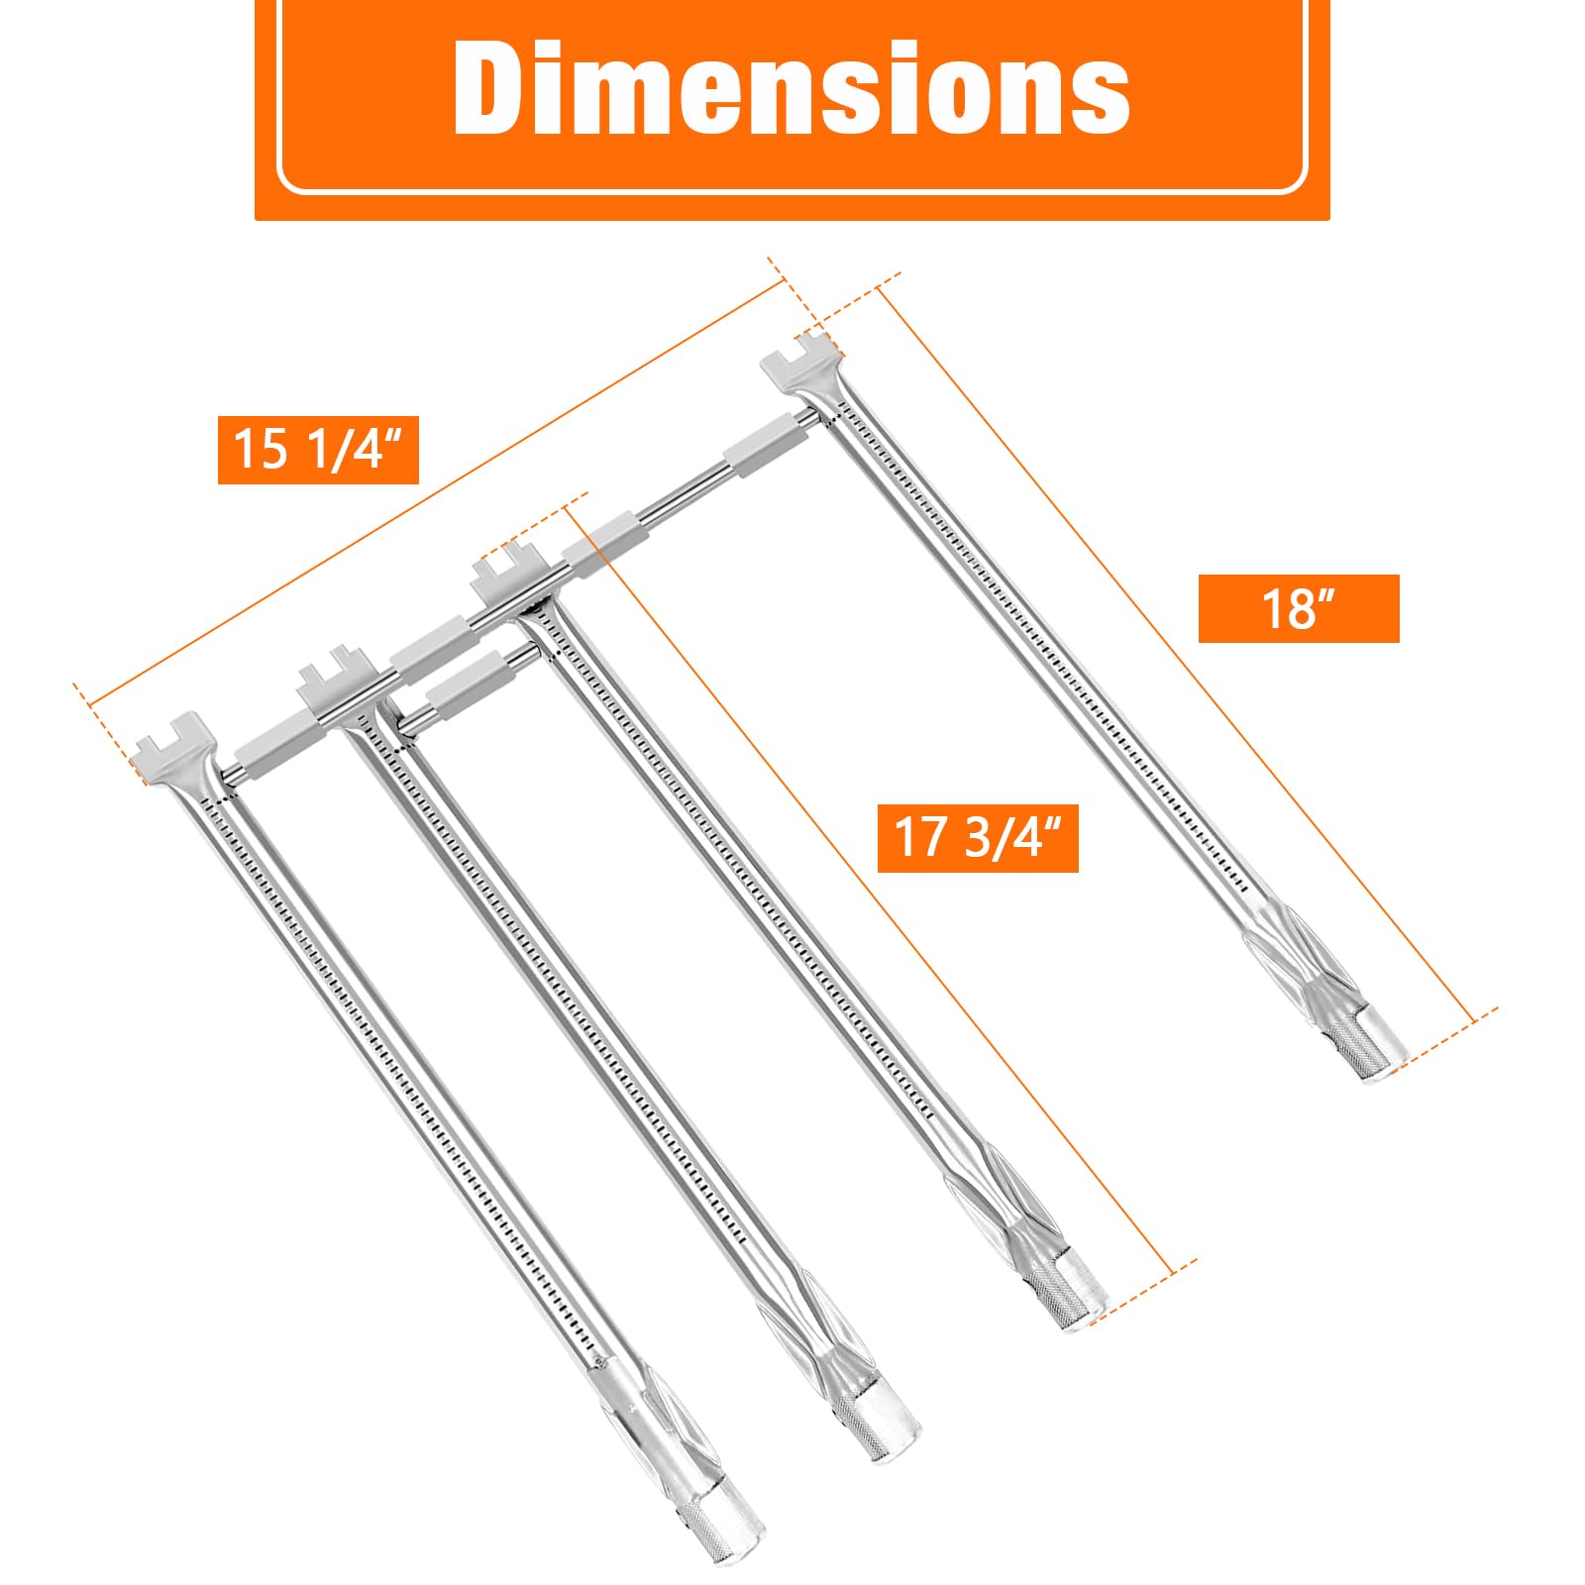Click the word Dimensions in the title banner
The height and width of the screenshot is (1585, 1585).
(x=792, y=88)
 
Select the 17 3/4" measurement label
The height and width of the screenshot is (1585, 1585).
(x=978, y=838)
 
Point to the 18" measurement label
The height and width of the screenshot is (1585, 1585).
(x=1298, y=608)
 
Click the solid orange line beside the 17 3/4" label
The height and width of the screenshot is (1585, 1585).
(x=872, y=892)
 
